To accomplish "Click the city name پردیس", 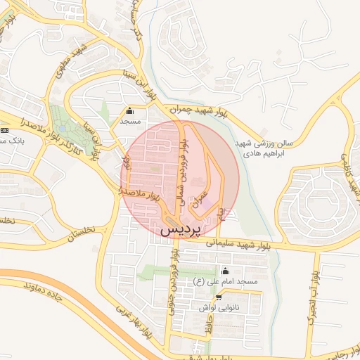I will (181, 229).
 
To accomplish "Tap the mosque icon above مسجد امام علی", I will (225, 271).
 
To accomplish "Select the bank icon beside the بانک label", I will (5, 130).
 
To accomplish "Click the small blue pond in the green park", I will (64, 130).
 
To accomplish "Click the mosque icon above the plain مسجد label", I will (130, 111).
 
